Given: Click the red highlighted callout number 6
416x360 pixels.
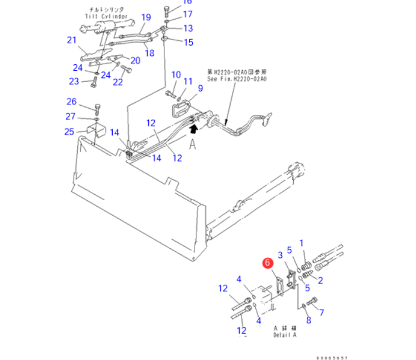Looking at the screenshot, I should [x=267, y=262].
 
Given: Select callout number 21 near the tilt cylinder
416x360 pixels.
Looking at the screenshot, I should [x=72, y=40].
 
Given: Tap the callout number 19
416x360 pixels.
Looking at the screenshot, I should [x=145, y=17].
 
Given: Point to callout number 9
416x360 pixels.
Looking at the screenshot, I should [x=201, y=89].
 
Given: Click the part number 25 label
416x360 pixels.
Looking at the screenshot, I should [x=69, y=131].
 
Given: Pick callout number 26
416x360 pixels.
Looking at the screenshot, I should [x=71, y=101].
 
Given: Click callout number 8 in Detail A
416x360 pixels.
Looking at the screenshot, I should [x=309, y=321].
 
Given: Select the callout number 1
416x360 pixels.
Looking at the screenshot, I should [x=301, y=242].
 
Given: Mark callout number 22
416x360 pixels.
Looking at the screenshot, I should [x=118, y=82].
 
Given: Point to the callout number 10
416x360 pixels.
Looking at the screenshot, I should [x=176, y=74].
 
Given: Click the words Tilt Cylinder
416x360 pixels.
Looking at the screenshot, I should [x=107, y=17].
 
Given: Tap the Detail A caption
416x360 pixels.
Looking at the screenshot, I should [x=284, y=335].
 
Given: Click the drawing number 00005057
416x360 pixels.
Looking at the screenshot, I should [x=332, y=357].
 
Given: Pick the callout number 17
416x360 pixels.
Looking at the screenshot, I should [x=188, y=14].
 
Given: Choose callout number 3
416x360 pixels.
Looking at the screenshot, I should [x=281, y=255].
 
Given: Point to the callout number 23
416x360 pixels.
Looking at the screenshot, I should [x=74, y=81].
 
